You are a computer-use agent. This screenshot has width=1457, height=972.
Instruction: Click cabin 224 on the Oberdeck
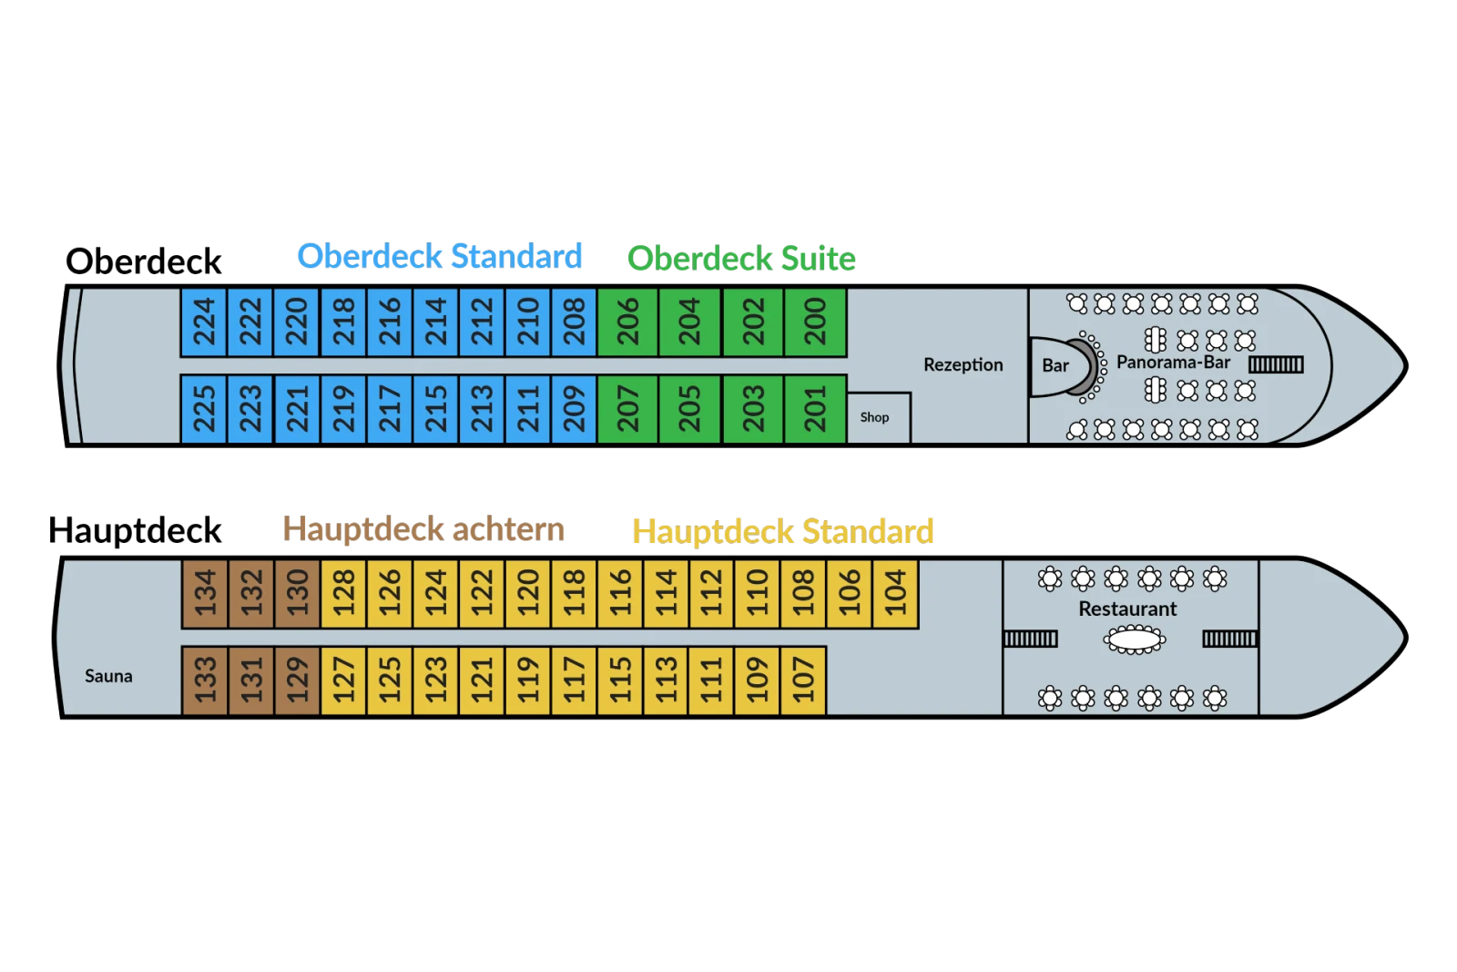click(x=204, y=322)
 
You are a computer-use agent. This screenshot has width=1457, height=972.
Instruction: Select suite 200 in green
click(x=815, y=322)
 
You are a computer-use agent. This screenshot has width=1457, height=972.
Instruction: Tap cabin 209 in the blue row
click(x=574, y=409)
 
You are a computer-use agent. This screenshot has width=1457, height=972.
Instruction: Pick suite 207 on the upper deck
click(x=627, y=409)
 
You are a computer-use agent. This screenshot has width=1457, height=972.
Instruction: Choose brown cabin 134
click(x=204, y=593)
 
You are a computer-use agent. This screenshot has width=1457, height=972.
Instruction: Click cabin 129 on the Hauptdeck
click(x=297, y=680)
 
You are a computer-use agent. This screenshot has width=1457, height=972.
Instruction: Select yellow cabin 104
click(x=896, y=593)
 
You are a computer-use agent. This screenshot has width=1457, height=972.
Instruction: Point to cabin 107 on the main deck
click(x=803, y=680)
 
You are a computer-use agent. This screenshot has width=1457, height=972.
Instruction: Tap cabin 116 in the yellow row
click(x=620, y=593)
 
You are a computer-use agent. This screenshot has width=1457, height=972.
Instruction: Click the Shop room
click(x=879, y=418)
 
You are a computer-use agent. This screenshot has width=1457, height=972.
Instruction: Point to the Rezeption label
click(x=963, y=365)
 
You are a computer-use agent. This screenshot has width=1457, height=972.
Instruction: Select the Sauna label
click(x=108, y=677)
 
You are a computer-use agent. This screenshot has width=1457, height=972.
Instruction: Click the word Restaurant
click(x=1127, y=609)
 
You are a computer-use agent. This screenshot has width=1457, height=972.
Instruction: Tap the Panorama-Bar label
click(x=1174, y=363)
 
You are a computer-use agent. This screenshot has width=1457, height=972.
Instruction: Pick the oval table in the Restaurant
click(x=1135, y=639)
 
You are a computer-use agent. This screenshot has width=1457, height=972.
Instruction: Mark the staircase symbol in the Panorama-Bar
click(x=1276, y=365)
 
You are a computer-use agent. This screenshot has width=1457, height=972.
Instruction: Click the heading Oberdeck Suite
click(x=741, y=259)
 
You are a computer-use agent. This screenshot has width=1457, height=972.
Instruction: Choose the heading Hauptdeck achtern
click(x=423, y=529)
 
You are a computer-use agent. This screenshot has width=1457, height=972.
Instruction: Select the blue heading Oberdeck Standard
click(x=440, y=256)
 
